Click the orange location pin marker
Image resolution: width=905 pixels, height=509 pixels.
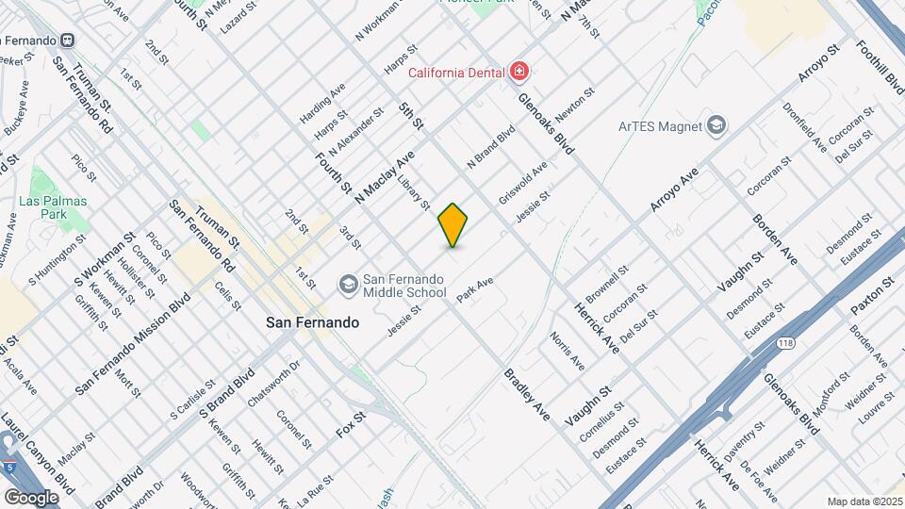(x=453, y=225)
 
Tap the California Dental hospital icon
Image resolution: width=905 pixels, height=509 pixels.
(x=518, y=71)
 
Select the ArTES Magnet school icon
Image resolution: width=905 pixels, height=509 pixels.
(x=716, y=125)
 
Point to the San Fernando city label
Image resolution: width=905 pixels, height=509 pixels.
(x=312, y=322)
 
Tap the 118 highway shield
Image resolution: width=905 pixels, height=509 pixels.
(x=785, y=344)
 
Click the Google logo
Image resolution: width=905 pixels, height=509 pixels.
(x=32, y=497)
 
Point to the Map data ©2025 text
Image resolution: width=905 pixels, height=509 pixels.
(x=864, y=501)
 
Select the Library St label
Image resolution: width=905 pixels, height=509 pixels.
(x=414, y=191)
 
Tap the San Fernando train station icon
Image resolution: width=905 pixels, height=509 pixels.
(x=67, y=40)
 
